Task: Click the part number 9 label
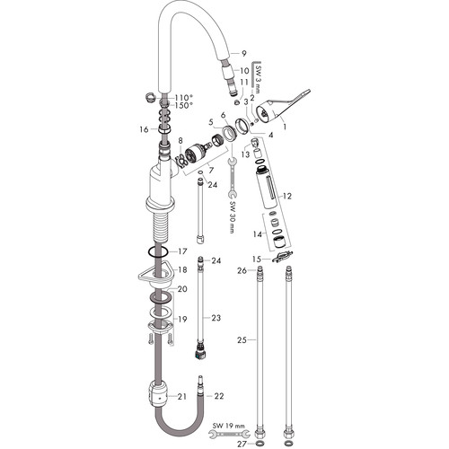(x=244, y=54)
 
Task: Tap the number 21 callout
(x=182, y=397)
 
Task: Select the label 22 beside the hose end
(x=219, y=396)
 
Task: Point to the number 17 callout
(x=182, y=251)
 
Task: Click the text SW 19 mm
(x=229, y=426)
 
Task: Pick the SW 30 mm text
(x=233, y=216)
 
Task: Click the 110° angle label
(x=184, y=98)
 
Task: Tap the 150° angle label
(x=182, y=105)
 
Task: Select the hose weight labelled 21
(x=158, y=393)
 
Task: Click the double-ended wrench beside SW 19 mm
(x=229, y=433)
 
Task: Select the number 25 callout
(x=242, y=340)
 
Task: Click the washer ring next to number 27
(x=260, y=444)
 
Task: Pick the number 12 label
(x=286, y=196)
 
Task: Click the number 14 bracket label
(x=258, y=234)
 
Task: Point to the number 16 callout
(x=144, y=129)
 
